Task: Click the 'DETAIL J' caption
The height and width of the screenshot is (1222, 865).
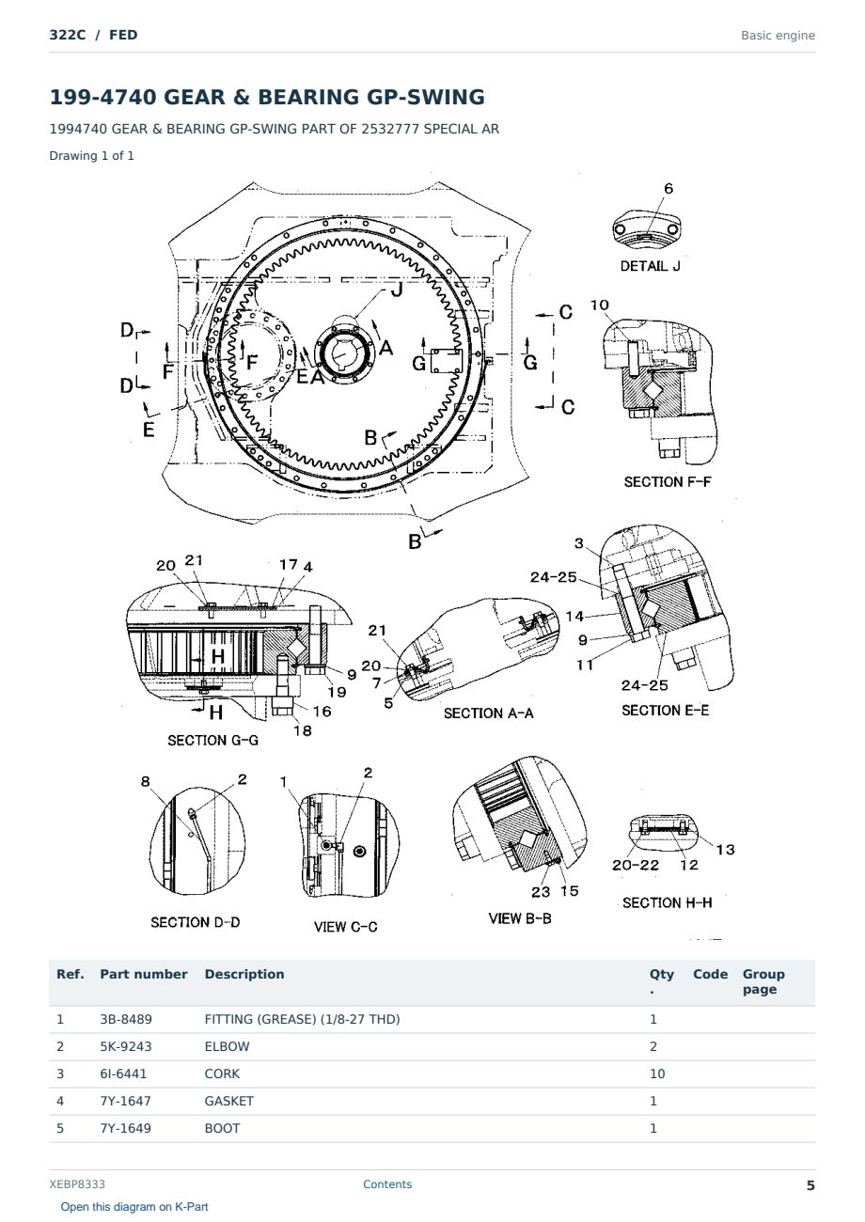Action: (650, 266)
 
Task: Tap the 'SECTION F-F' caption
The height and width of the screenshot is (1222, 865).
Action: (668, 481)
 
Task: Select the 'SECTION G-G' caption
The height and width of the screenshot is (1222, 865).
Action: (212, 741)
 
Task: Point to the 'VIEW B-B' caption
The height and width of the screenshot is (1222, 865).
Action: (520, 918)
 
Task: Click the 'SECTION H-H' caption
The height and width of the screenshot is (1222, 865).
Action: (667, 902)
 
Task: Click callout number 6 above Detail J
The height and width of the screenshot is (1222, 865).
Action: (668, 188)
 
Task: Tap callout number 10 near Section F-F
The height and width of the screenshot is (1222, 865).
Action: (599, 305)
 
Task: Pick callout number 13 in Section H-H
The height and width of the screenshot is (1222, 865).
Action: (725, 850)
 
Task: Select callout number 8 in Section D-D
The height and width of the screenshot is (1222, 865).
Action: (145, 781)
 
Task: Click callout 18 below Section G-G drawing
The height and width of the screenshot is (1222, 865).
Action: (303, 730)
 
